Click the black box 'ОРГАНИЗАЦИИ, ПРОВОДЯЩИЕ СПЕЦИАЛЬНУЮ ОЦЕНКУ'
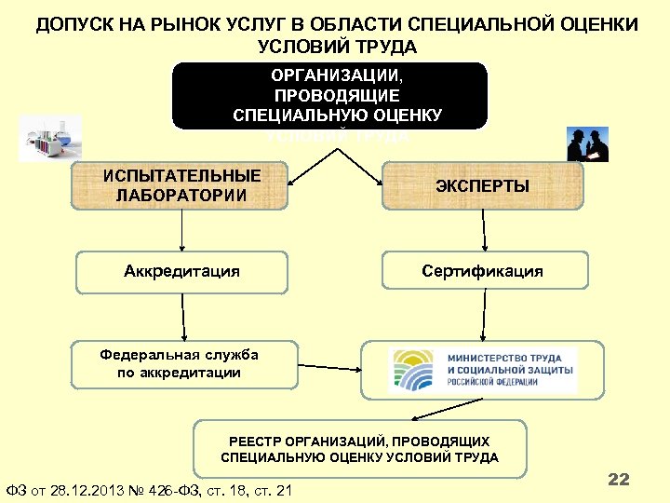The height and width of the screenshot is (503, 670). coord(329,95)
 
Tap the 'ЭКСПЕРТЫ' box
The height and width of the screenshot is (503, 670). coord(482,186)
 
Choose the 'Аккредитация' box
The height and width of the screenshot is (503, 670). coord(181,271)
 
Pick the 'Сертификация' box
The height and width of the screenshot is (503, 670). coord(482,271)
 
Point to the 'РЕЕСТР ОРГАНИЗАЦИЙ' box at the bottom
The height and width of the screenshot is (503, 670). coord(359,449)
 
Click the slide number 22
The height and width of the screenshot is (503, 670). coord(618,480)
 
